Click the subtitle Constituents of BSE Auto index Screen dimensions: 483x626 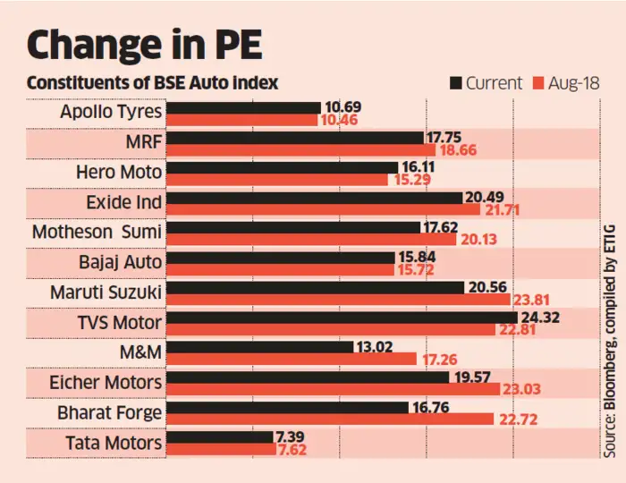point(152,82)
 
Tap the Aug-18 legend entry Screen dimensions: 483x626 point(568,83)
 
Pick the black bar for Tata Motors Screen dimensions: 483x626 point(220,436)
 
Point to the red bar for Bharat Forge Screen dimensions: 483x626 point(330,418)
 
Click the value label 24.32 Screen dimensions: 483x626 point(542,317)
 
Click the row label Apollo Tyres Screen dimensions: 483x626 point(111,113)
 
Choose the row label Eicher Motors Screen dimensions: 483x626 point(106,383)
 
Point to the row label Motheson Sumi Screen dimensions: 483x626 point(97,233)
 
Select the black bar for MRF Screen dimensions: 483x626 point(295,138)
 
